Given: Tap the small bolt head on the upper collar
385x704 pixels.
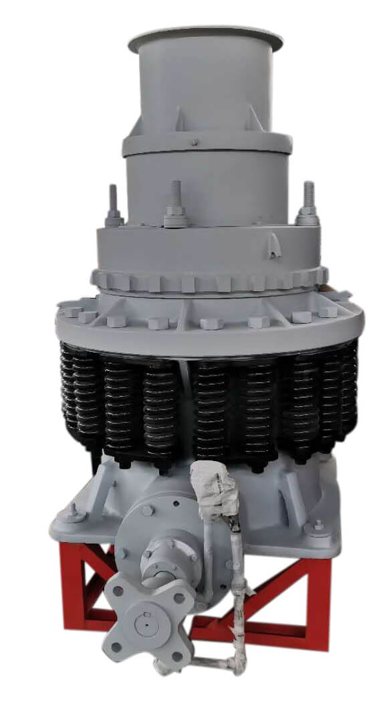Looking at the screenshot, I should point(195,142).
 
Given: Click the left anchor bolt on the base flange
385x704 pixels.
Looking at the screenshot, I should point(71,514).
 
